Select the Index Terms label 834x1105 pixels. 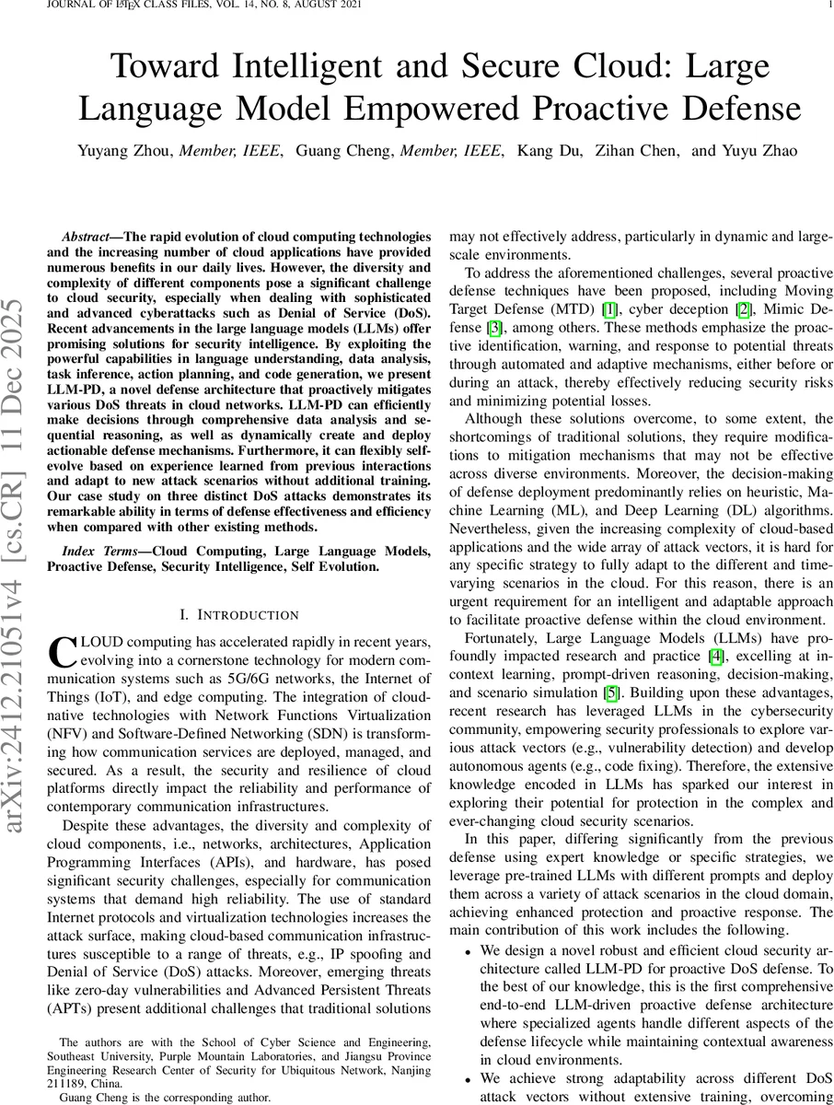101,552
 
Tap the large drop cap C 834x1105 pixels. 60,651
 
